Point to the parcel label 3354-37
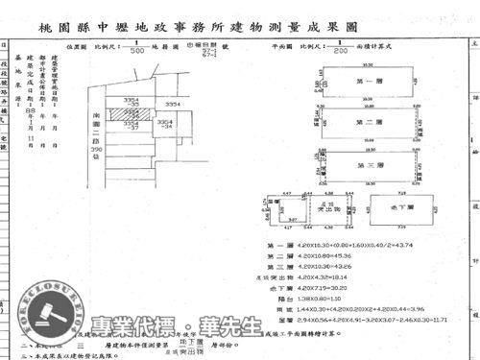coord(130,125)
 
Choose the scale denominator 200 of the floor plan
coord(340,51)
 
